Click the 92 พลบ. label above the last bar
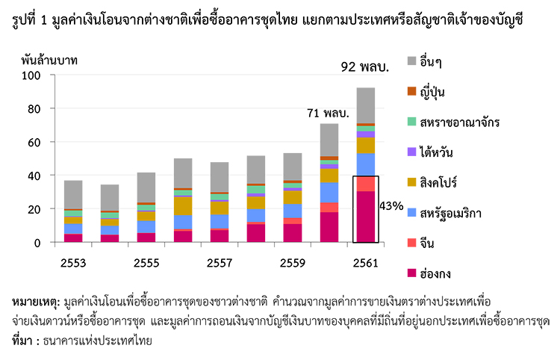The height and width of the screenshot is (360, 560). click(365, 66)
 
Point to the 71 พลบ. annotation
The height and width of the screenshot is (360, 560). click(329, 114)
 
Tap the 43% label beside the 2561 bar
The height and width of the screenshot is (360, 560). click(392, 205)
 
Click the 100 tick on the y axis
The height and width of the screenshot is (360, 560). click(31, 75)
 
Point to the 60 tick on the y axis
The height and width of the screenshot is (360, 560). click(34, 142)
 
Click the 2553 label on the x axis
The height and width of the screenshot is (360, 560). click(73, 263)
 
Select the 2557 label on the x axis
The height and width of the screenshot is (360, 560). click(220, 263)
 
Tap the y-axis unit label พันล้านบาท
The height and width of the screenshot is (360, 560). click(49, 59)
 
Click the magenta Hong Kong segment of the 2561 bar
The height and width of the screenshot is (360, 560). click(366, 217)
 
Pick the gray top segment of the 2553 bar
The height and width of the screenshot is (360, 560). click(73, 194)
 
